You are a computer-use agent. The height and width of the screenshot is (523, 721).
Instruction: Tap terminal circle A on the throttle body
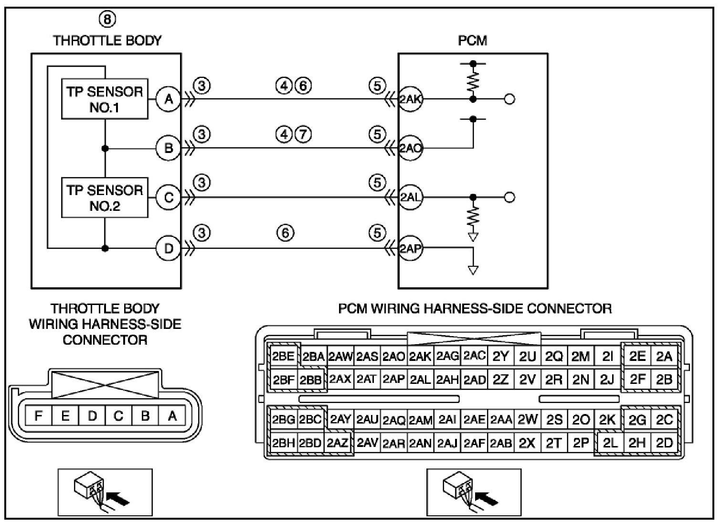(169, 99)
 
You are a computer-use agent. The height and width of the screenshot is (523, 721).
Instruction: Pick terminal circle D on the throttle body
(169, 249)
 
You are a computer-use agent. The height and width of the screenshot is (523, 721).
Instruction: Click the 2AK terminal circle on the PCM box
(410, 99)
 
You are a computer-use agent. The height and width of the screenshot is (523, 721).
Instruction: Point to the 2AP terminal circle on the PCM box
(410, 249)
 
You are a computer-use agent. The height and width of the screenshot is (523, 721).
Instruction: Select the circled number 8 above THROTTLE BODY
(107, 20)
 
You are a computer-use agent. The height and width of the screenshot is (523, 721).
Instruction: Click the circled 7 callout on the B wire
(303, 134)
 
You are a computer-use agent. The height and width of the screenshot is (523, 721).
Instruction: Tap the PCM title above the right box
(473, 41)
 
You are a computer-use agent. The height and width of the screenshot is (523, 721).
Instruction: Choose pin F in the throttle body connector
(38, 416)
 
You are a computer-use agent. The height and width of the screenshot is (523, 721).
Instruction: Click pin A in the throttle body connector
(172, 416)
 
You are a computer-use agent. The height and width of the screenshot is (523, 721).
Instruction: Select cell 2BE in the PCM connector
(283, 357)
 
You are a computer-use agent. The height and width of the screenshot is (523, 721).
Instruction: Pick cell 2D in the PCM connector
(665, 443)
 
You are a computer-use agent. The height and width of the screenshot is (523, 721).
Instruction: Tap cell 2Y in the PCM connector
(500, 357)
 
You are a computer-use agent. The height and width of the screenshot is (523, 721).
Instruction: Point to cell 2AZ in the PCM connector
(338, 443)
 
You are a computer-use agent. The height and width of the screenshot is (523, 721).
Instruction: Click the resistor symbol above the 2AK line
(473, 82)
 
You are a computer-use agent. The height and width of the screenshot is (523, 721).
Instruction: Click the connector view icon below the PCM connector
(474, 492)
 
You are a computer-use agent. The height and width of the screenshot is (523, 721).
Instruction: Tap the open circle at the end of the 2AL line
(509, 197)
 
